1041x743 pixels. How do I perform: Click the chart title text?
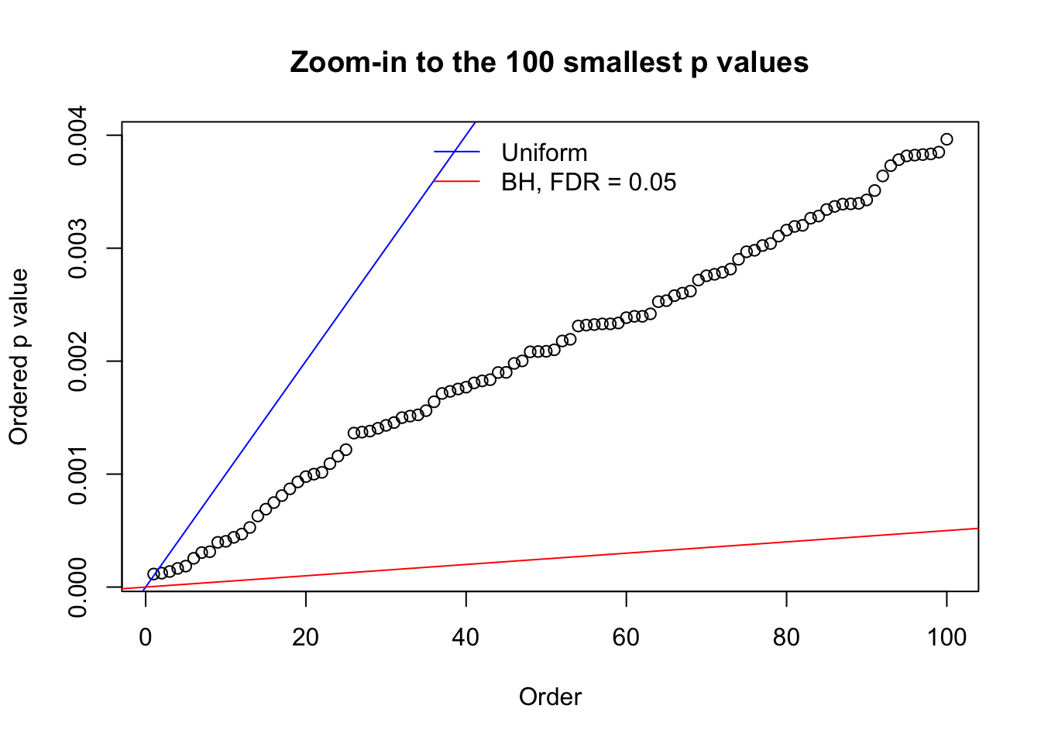click(549, 62)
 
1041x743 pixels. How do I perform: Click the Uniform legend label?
click(544, 152)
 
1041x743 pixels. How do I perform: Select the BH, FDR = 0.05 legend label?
click(589, 182)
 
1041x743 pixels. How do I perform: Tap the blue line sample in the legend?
click(457, 152)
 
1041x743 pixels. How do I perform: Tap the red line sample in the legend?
click(457, 181)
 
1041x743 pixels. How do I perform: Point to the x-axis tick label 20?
click(306, 637)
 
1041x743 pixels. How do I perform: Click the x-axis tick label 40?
click(466, 637)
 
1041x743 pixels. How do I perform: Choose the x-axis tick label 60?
click(626, 637)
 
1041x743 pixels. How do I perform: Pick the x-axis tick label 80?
click(786, 637)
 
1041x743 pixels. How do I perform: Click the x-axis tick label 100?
click(947, 637)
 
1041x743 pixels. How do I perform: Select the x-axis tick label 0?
click(146, 637)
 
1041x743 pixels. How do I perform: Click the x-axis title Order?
click(550, 697)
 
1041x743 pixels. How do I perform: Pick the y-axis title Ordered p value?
click(19, 357)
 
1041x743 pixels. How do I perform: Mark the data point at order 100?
click(947, 139)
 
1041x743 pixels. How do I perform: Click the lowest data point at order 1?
click(153, 574)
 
